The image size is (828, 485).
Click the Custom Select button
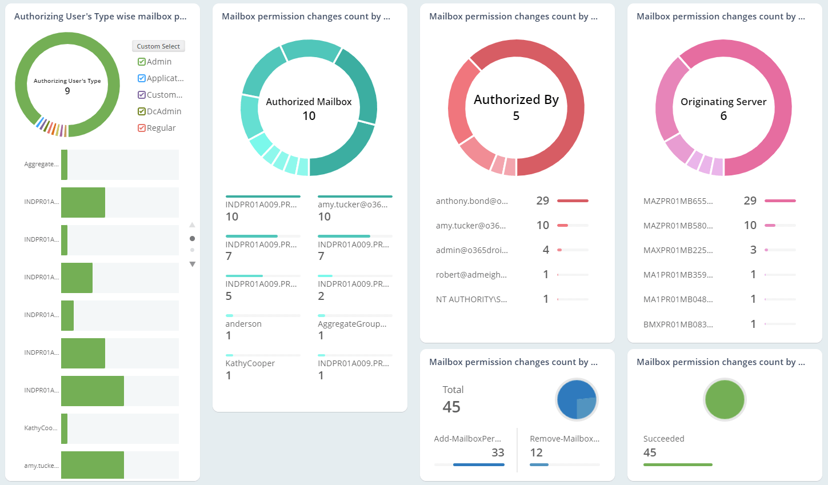tap(158, 46)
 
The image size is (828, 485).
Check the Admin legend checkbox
tap(142, 62)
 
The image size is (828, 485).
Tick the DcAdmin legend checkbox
tap(142, 111)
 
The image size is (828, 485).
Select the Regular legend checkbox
tap(142, 128)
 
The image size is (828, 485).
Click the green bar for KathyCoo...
tap(65, 428)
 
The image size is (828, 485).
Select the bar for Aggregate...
tap(65, 165)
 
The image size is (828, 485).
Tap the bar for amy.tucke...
tap(92, 465)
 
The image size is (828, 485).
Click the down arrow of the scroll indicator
tap(193, 264)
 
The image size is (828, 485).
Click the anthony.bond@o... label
tap(471, 201)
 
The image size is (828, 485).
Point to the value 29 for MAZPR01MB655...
tap(750, 201)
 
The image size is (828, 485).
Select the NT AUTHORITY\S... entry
tap(471, 299)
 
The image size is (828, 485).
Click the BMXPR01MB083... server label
tap(678, 324)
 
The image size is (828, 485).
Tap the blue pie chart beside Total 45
tap(577, 400)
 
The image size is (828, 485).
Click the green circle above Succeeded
tap(725, 400)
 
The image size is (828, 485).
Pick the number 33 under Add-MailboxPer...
tap(498, 452)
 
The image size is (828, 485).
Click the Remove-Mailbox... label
tap(565, 439)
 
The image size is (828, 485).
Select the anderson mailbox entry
tap(243, 324)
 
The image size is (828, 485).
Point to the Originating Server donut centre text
tap(723, 108)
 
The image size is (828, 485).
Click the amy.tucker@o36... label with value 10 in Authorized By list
tap(471, 226)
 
